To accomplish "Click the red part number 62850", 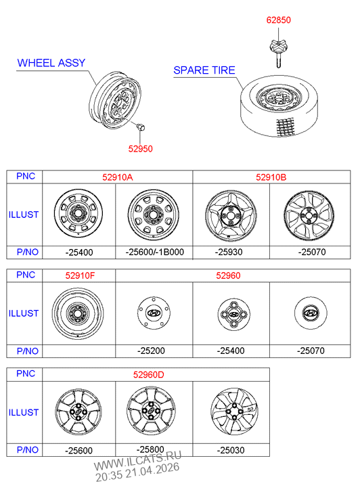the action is pos(278,20).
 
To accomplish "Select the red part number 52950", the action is pos(140,149).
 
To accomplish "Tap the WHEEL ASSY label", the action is pos(51,63).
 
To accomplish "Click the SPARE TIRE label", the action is pos(204,70).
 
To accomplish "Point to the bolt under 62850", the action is pos(278,53).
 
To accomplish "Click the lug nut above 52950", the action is pos(141,127).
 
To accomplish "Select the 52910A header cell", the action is pos(117,177).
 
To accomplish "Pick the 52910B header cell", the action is pos(271,177).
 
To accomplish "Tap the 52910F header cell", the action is pos(80,276).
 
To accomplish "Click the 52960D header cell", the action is pos(148,375).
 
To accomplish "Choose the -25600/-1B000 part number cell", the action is pos(154,252).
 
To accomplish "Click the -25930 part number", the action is pos(229,252).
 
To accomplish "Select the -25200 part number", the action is pos(151,351).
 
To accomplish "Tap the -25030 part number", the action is pos(231,450).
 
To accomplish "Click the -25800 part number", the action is pos(150,449).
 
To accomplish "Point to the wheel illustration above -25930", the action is pos(231,215).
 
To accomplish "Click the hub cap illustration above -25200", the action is pos(154,313).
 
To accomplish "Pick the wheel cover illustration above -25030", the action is pos(234,411).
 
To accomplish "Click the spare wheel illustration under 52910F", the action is pos(78,313).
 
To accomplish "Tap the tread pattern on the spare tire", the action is pos(286,127).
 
